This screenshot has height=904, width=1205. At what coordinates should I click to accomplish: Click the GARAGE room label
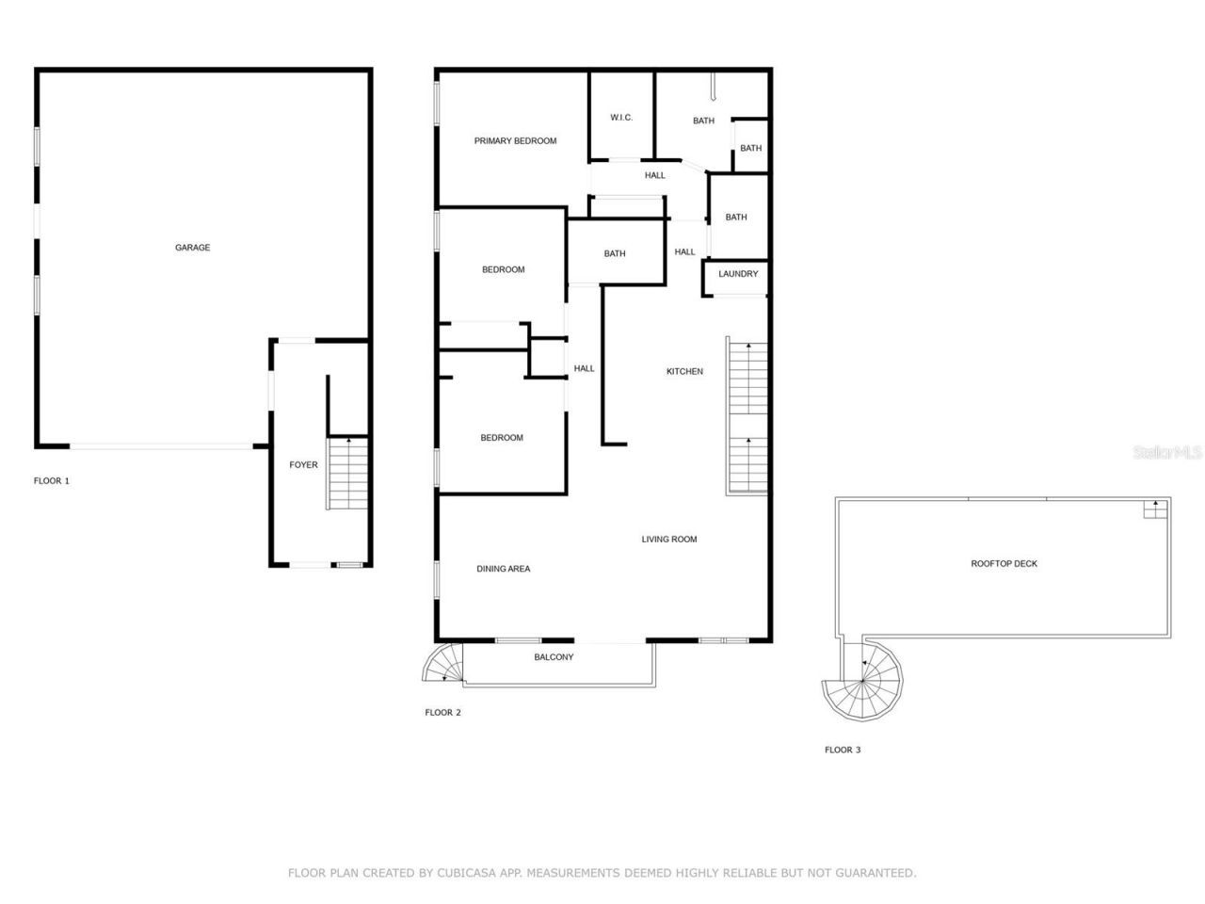pos(192,248)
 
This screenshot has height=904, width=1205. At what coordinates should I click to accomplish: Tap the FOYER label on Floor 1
pos(303,464)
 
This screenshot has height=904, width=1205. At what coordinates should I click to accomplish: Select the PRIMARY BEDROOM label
pos(515,141)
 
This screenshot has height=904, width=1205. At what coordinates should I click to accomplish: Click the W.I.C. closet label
pos(621,118)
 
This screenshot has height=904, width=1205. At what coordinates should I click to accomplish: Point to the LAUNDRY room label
pos(738,274)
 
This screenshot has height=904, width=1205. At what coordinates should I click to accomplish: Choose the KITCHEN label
pos(684,371)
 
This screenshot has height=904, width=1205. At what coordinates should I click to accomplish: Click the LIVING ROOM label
pos(669,540)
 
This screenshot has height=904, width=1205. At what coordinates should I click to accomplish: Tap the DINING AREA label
pos(503,569)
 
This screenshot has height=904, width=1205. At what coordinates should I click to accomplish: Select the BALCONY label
pos(554,657)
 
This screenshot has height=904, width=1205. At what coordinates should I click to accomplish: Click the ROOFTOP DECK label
pos(1004,564)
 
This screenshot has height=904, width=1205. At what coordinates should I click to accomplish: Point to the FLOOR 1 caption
pos(52,481)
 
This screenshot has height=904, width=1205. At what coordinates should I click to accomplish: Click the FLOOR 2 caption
pos(442,713)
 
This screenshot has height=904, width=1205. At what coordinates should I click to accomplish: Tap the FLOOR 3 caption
pos(843,751)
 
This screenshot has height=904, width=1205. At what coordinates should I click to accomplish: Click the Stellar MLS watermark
pos(1167,453)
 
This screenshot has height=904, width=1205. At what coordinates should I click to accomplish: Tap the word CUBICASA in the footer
pos(468,873)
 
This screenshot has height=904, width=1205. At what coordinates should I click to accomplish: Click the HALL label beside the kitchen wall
pos(585,368)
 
